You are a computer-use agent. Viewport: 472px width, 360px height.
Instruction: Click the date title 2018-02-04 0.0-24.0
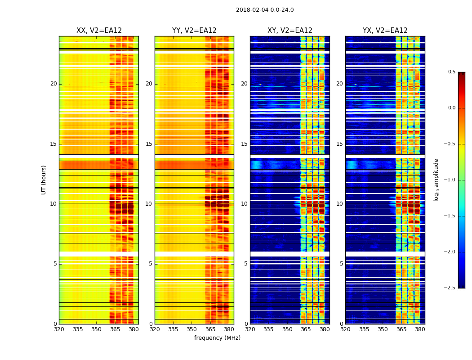(x=265, y=10)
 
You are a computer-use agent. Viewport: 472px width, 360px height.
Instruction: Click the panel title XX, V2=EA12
(x=99, y=31)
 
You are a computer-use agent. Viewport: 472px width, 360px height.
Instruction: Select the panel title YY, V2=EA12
(x=194, y=31)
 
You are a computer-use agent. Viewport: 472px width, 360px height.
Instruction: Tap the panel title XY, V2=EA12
(x=290, y=31)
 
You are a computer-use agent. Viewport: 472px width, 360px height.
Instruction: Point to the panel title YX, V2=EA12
(x=385, y=31)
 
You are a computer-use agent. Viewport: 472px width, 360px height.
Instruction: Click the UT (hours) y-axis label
(x=44, y=180)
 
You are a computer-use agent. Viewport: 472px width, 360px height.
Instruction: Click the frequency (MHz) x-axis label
(x=217, y=338)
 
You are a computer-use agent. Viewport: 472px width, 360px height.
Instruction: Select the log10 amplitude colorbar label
(x=436, y=180)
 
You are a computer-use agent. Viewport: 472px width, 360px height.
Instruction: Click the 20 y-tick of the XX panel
(x=53, y=84)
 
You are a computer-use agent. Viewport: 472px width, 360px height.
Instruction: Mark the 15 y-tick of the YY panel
(x=149, y=144)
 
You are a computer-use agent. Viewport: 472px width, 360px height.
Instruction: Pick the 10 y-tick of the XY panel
(x=244, y=204)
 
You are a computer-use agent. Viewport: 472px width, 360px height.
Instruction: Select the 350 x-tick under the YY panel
(x=192, y=329)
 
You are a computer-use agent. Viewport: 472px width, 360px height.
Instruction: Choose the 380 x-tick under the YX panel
(x=420, y=329)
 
